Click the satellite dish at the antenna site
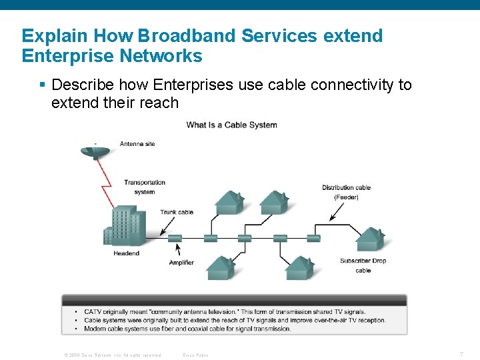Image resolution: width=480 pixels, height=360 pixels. pos(95,151)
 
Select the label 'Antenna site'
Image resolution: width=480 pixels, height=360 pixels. pos(137,144)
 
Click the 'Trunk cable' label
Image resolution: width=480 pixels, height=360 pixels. pos(177,212)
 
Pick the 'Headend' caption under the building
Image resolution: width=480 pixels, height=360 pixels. pos(127,253)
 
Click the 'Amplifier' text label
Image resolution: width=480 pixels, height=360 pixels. pos(181,263)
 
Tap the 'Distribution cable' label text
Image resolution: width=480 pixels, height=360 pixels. pos(346,187)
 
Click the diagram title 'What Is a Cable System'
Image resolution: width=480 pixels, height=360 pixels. pos(231,125)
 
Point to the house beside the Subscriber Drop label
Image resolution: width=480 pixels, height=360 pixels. pos(369,238)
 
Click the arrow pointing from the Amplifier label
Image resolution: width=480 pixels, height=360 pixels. pos(178,249)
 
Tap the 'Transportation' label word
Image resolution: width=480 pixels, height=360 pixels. pos(145,183)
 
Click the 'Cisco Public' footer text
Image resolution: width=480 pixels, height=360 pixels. pos(196,355)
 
